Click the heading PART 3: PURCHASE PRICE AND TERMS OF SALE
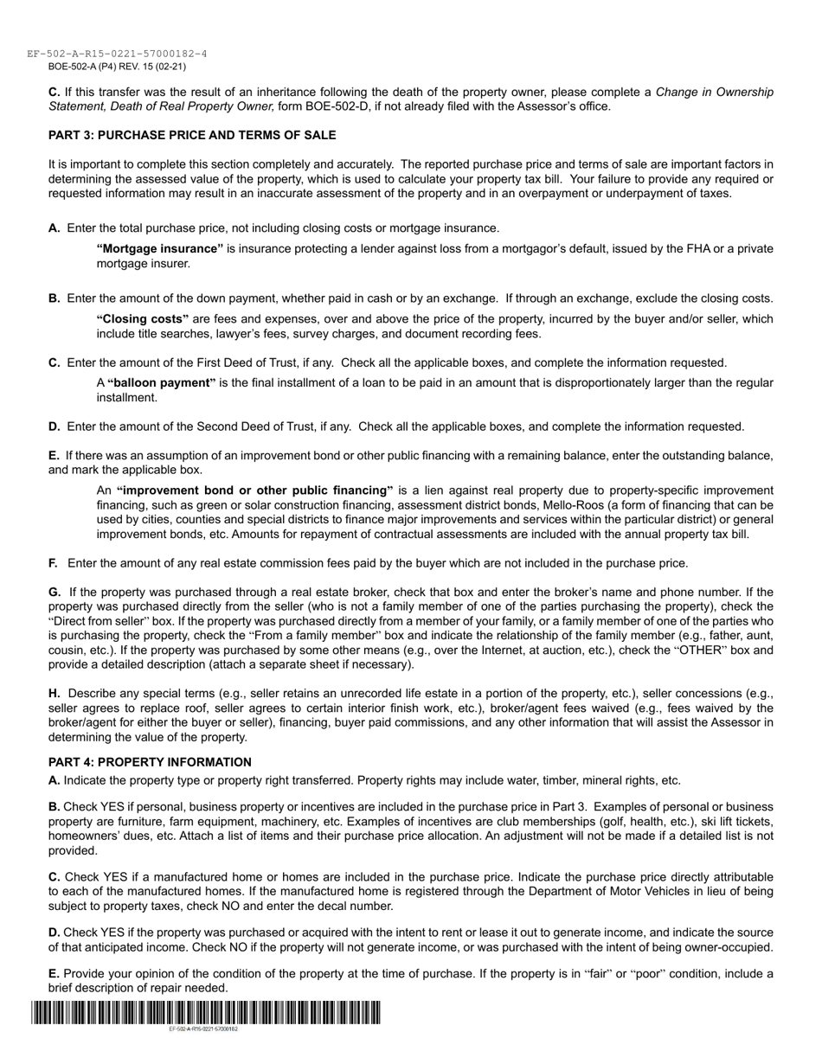click(x=192, y=136)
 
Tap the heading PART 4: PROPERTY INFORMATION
click(x=150, y=762)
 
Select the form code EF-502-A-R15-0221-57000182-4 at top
click(x=117, y=54)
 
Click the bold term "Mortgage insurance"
click(x=160, y=249)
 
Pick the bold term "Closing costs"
click(x=143, y=319)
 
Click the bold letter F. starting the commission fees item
click(x=54, y=563)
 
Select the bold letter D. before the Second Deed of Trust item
click(x=55, y=426)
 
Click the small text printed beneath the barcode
click(x=203, y=1029)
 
